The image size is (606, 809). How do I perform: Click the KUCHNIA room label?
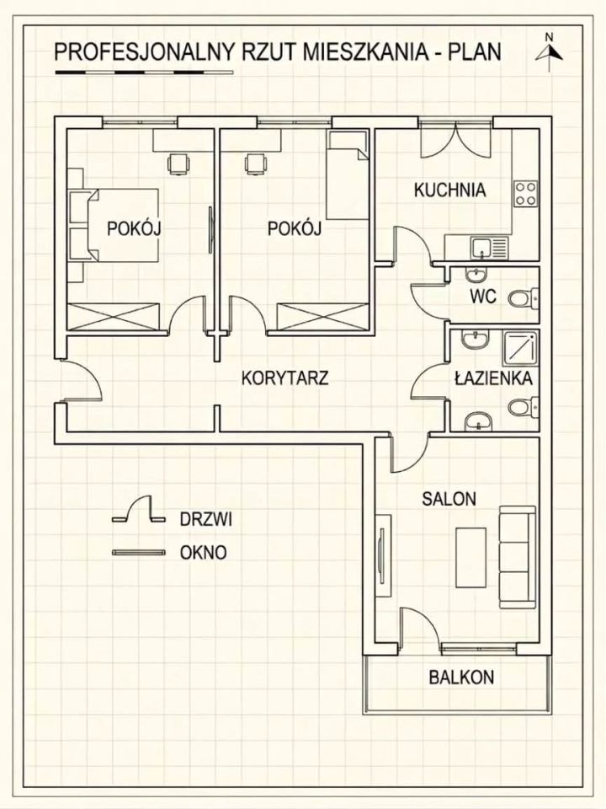[x=449, y=190]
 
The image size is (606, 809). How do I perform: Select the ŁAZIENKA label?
[x=493, y=378]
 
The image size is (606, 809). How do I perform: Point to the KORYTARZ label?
[x=285, y=378]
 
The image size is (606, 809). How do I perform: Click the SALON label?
[x=449, y=499]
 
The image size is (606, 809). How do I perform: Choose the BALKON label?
[x=461, y=677]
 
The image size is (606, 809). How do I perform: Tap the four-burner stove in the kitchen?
[x=526, y=194]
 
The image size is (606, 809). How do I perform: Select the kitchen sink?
[x=488, y=248]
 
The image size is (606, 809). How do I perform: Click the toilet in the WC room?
[x=523, y=297]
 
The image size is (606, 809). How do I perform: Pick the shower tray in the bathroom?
[x=520, y=351]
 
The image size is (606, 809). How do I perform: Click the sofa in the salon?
[x=517, y=557]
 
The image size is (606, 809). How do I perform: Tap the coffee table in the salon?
[x=470, y=557]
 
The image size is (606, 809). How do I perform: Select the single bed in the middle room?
[x=348, y=175]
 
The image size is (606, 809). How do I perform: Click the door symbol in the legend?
[x=139, y=511]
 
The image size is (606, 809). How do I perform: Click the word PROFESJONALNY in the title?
[x=143, y=52]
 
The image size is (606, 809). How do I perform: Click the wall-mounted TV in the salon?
[x=381, y=555]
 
